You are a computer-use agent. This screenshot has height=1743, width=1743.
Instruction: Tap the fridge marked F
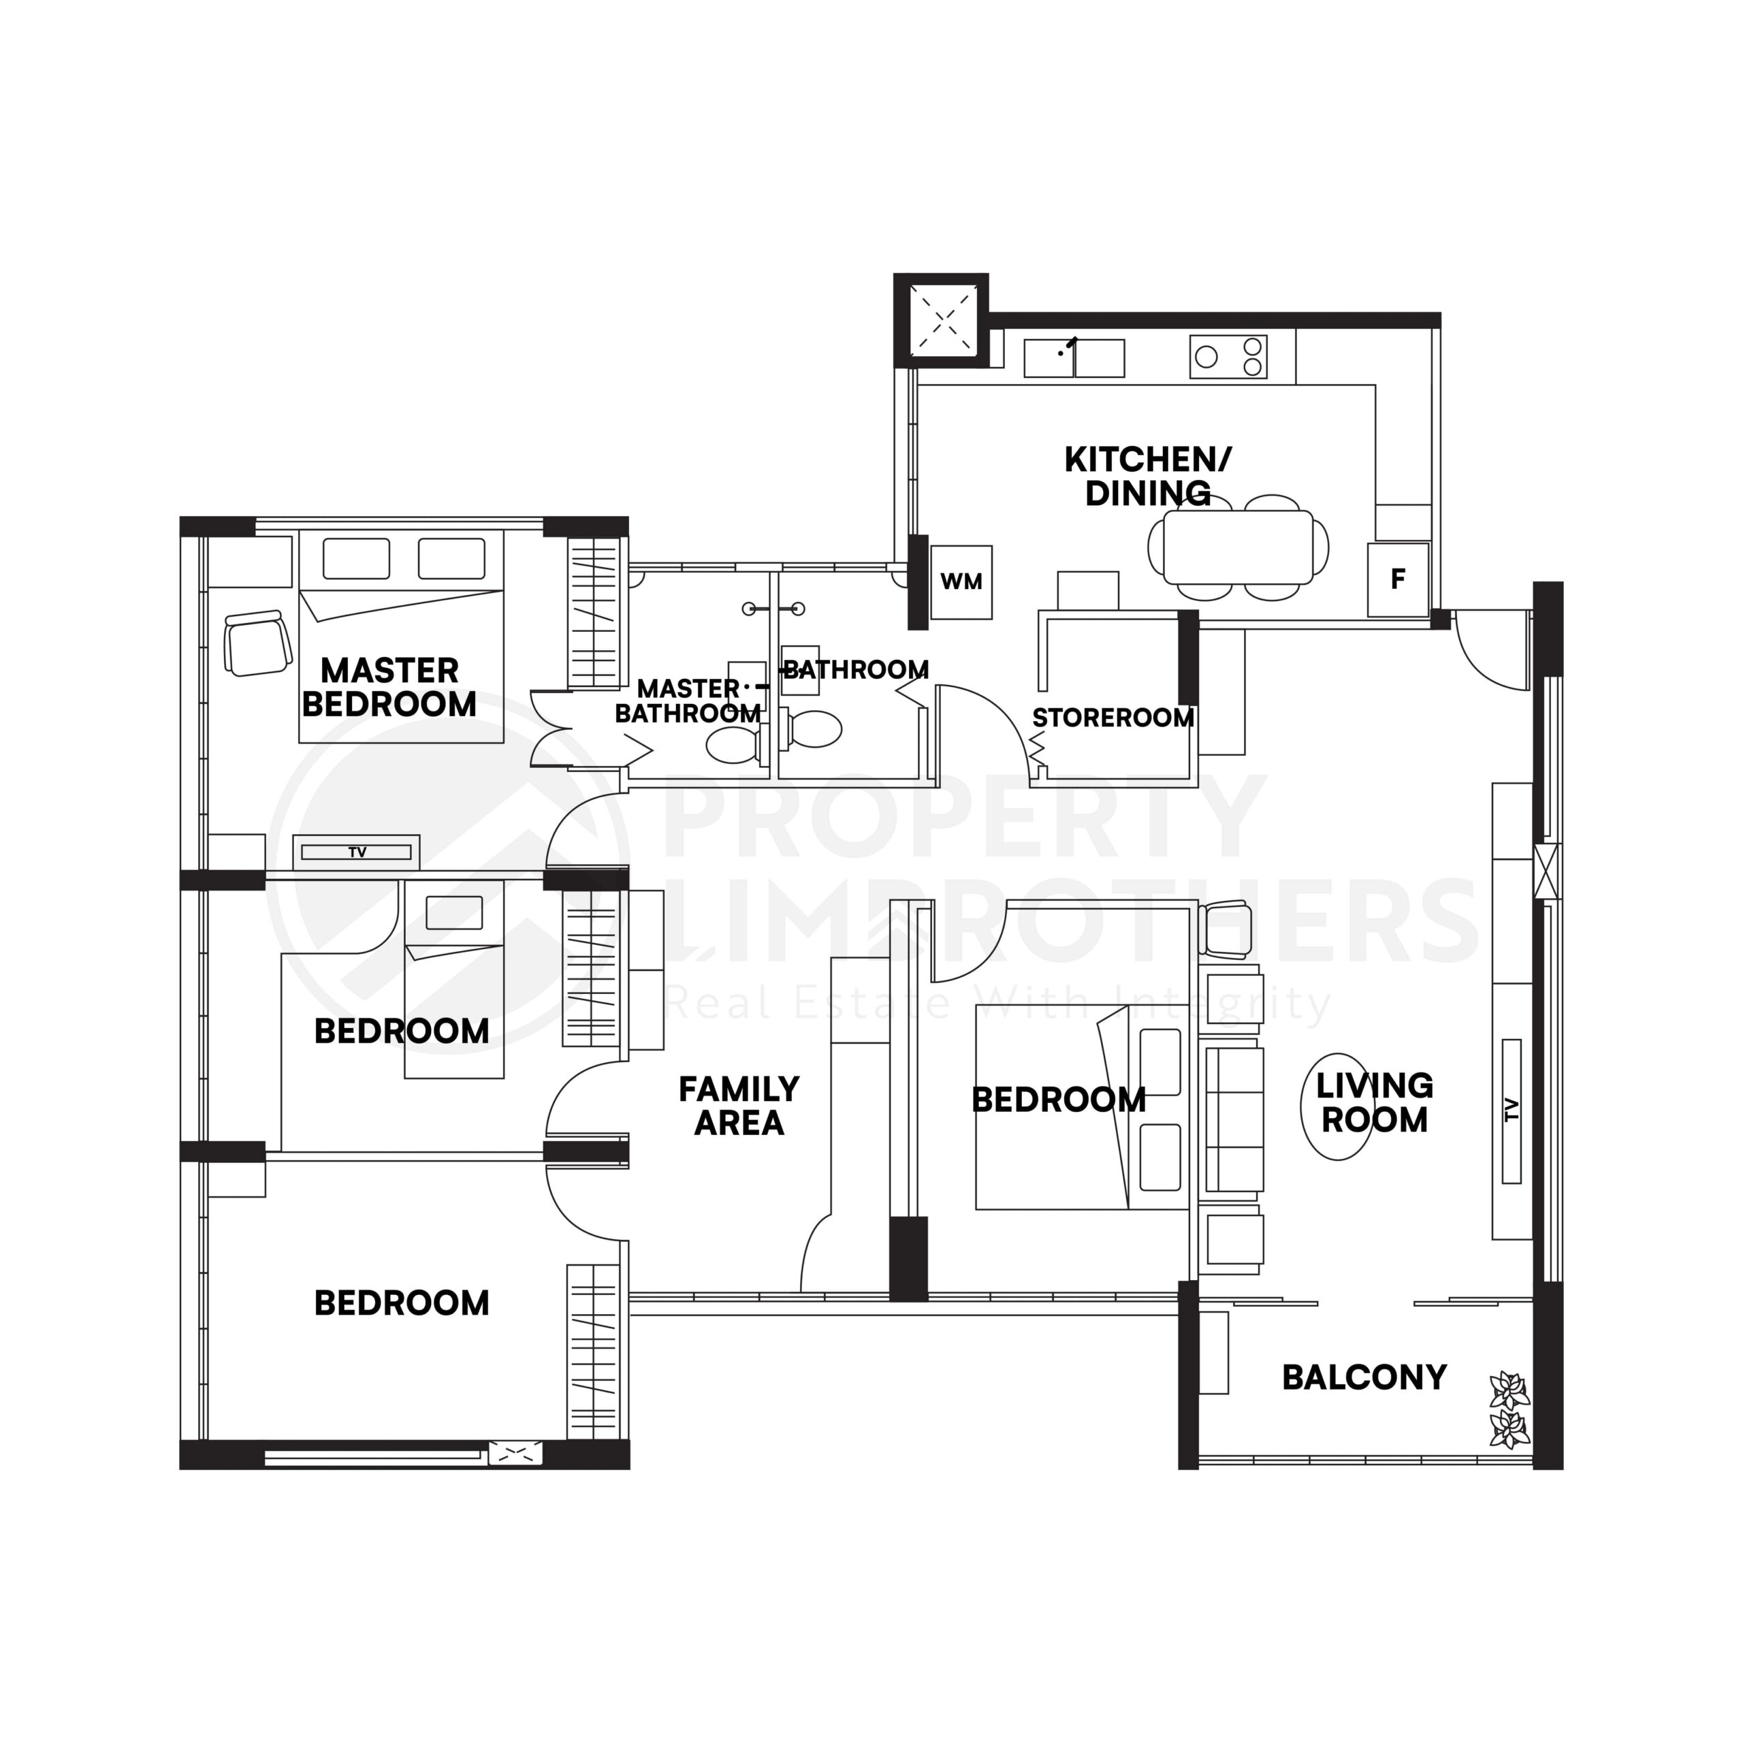1398,579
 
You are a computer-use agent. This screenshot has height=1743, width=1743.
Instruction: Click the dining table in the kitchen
1237,547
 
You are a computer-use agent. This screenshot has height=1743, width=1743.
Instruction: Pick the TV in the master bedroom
357,852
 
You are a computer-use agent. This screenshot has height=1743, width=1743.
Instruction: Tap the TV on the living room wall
1512,1110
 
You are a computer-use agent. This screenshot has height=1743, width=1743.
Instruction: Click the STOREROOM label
1113,718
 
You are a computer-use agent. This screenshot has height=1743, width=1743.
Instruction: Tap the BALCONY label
1364,1377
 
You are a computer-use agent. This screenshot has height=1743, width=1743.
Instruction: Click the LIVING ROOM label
1374,1102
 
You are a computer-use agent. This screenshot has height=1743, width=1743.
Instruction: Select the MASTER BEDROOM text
389,688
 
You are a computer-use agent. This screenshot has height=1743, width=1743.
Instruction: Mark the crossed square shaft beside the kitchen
943,319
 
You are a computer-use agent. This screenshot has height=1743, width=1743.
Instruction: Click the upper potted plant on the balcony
1508,1390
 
